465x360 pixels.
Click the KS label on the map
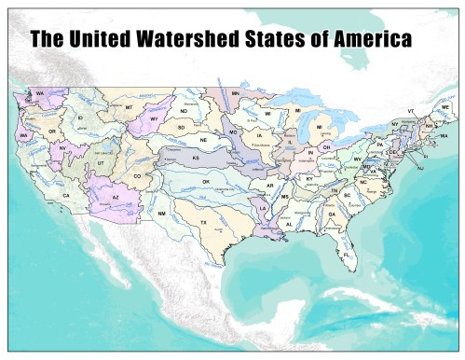pyautogui.click(x=197, y=159)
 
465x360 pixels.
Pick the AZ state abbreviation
pyautogui.click(x=116, y=198)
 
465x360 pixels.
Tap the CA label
pyautogui.click(x=66, y=195)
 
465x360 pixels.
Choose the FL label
pyautogui.click(x=347, y=255)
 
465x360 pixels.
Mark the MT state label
pyautogui.click(x=129, y=108)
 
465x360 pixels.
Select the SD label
pyautogui.click(x=182, y=126)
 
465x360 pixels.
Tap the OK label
pyautogui.click(x=206, y=181)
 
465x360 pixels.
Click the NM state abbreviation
pyautogui.click(x=161, y=214)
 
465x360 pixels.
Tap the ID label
pyautogui.click(x=81, y=118)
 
